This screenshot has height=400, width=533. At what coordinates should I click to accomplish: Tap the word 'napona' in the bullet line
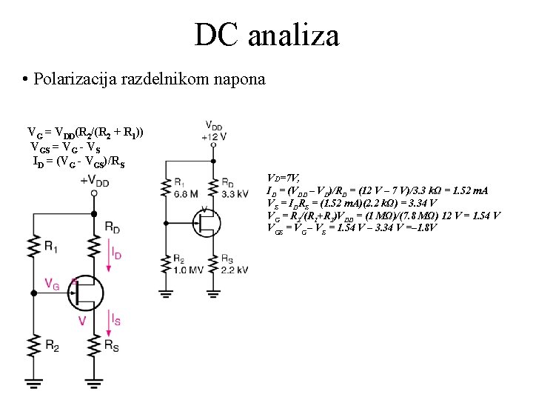tap(238, 79)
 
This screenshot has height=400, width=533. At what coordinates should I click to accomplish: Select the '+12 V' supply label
tap(213, 136)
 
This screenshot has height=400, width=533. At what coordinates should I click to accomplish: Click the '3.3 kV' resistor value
tap(235, 194)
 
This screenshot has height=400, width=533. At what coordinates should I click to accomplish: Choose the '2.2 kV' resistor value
tap(235, 269)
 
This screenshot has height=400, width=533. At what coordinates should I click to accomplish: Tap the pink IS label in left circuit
tap(116, 320)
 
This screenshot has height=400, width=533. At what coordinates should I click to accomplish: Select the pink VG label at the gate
tap(53, 284)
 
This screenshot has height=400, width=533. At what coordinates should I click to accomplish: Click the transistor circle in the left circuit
tap(88, 293)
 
